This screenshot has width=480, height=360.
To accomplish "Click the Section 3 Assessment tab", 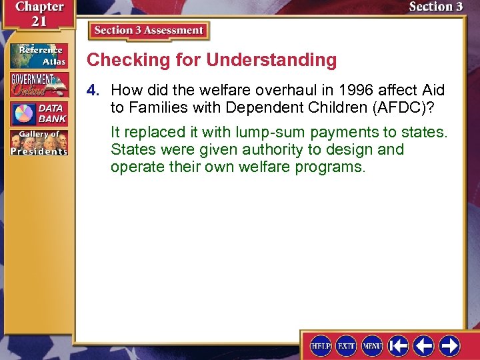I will coord(149,31).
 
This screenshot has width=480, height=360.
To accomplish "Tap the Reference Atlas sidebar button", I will coord(39,55).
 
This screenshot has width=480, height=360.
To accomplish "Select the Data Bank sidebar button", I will coord(39,114).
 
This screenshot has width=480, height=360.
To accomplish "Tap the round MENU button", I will coord(372,345).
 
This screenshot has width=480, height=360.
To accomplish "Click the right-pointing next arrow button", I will coord(449,345).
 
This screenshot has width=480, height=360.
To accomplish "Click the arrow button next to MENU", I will coord(399,345).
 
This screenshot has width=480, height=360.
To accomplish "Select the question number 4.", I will coord(95,90).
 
